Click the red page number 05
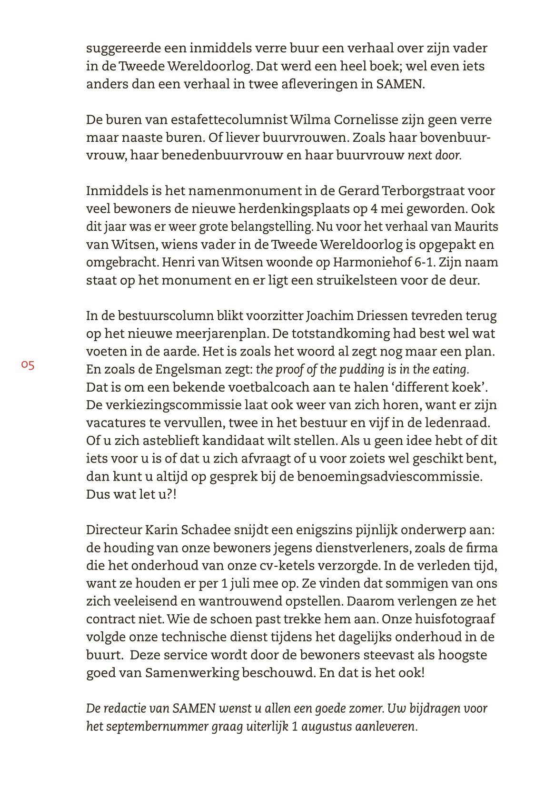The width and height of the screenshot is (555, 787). point(28,365)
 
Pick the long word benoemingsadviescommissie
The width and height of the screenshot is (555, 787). point(389,476)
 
